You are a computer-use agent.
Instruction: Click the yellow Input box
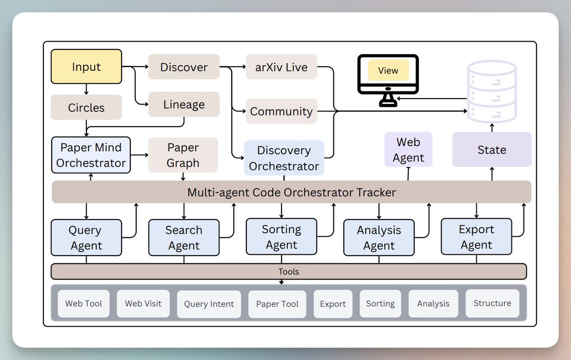pyautogui.click(x=86, y=67)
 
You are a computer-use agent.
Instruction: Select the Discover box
pyautogui.click(x=184, y=67)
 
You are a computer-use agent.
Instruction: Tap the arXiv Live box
pyautogui.click(x=281, y=67)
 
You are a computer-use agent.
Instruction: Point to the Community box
pyautogui.click(x=281, y=111)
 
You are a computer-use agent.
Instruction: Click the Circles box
pyautogui.click(x=86, y=108)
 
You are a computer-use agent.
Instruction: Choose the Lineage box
pyautogui.click(x=184, y=105)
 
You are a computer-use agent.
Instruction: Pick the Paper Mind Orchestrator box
pyautogui.click(x=90, y=155)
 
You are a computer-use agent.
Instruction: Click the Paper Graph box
pyautogui.click(x=183, y=155)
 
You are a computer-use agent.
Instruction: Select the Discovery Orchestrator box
pyautogui.click(x=284, y=158)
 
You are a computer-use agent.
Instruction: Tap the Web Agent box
pyautogui.click(x=408, y=150)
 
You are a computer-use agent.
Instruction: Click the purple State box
pyautogui.click(x=491, y=150)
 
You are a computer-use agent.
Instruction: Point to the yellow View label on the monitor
pyautogui.click(x=388, y=70)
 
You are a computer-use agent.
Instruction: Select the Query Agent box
pyautogui.click(x=86, y=238)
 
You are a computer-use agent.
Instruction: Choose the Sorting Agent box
pyautogui.click(x=281, y=237)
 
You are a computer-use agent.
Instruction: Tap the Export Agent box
pyautogui.click(x=476, y=237)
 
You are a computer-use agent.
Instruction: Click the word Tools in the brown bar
pyautogui.click(x=289, y=271)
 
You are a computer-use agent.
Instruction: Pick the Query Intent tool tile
pyautogui.click(x=209, y=304)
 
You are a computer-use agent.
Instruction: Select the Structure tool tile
pyautogui.click(x=492, y=303)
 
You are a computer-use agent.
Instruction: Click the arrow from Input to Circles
pyautogui.click(x=86, y=90)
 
